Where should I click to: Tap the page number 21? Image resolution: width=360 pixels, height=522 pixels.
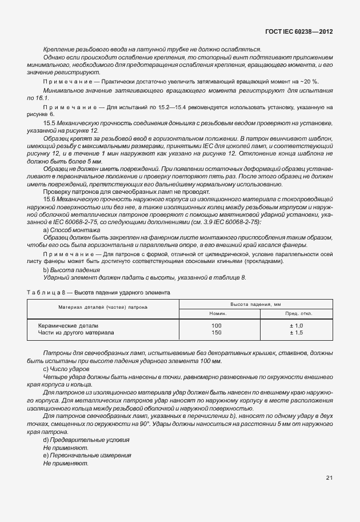click(329, 477)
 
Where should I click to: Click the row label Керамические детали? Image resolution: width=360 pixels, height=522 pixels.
click(64, 325)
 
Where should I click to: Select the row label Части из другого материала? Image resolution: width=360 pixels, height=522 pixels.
click(75, 332)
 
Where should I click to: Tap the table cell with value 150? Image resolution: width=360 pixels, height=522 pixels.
click(216, 332)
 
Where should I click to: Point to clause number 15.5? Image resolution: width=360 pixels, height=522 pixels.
click(50, 123)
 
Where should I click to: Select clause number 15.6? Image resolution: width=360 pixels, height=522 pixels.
click(50, 198)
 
